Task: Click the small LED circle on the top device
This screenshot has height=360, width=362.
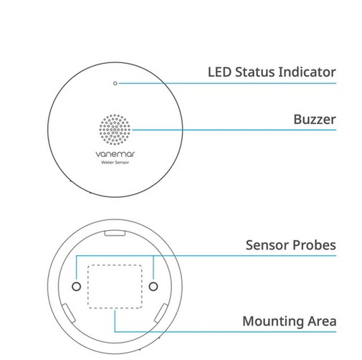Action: tap(115, 83)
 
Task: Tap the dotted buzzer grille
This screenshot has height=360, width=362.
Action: tap(115, 130)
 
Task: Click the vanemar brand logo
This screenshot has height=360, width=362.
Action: tap(115, 154)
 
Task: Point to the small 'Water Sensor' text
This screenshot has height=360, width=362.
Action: tap(115, 162)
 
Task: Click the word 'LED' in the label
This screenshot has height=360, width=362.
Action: tap(219, 72)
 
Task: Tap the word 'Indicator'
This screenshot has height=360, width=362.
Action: tap(308, 72)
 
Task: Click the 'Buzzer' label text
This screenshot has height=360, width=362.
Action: tap(315, 119)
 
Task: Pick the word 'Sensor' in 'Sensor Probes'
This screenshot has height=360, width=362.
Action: tap(267, 245)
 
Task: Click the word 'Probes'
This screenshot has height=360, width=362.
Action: tap(314, 245)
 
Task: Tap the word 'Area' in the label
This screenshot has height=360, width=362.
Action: tap(322, 321)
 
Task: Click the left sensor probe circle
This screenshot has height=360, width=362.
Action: tap(76, 286)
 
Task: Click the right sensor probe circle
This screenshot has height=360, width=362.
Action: tap(153, 286)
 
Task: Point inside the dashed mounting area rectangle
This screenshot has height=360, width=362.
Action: tap(115, 286)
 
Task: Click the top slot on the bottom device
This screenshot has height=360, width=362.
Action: tap(115, 233)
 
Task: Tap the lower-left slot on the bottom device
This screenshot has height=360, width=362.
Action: tap(69, 313)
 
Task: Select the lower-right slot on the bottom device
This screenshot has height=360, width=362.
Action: tap(161, 313)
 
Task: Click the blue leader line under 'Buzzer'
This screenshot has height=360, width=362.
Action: tap(234, 130)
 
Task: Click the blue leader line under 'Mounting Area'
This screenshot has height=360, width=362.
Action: tap(225, 332)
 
